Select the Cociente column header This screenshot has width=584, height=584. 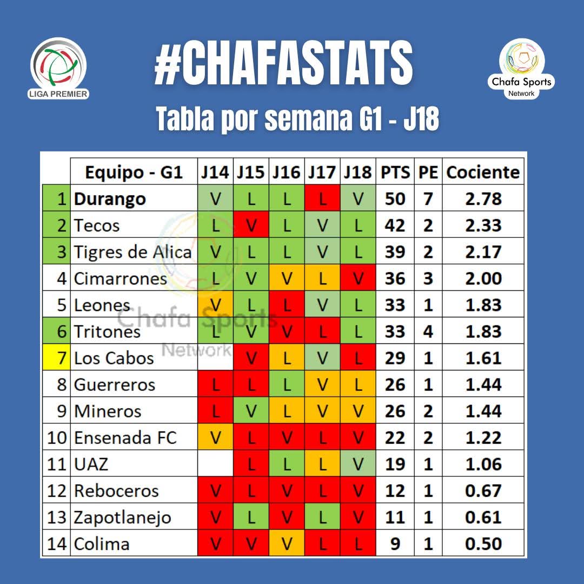tap(483, 172)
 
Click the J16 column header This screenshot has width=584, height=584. tap(287, 172)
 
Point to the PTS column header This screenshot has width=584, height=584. tap(395, 172)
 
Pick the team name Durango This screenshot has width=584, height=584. tap(110, 199)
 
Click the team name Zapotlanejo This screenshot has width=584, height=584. tap(122, 517)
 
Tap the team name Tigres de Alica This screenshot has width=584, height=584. tap(132, 252)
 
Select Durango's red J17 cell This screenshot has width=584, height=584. tap(322, 199)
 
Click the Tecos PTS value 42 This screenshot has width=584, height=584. tap(395, 225)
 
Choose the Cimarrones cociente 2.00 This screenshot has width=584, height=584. tap(483, 278)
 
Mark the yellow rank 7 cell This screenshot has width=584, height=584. tap(57, 358)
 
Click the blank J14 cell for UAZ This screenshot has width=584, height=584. tap(215, 464)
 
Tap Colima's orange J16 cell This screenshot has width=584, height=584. tap(287, 543)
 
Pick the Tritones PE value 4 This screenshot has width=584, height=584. tap(428, 331)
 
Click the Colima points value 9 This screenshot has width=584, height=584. tap(395, 543)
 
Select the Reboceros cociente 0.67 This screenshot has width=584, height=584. tap(483, 490)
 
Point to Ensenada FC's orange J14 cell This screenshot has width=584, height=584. tap(215, 437)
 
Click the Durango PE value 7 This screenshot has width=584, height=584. tap(428, 199)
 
